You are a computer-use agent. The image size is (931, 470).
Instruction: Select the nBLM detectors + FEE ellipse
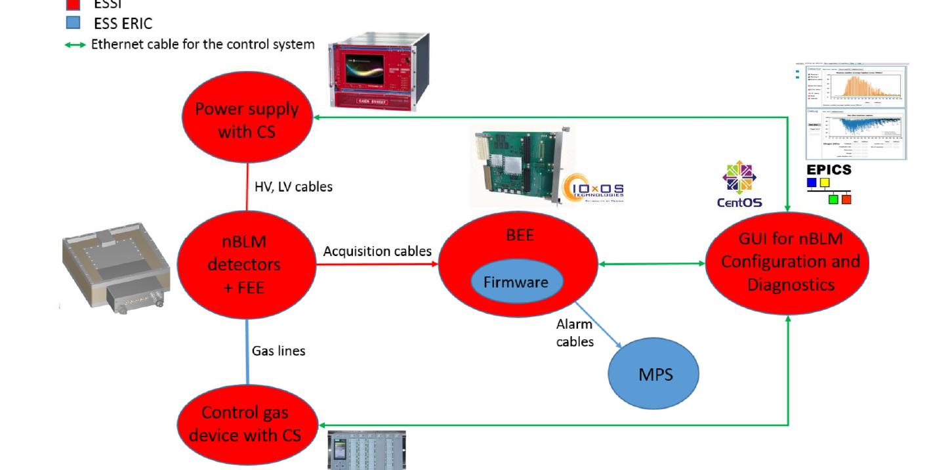tap(248, 265)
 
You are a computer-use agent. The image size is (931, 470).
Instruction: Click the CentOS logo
tap(739, 184)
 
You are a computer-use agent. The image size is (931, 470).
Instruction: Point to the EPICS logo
tap(829, 183)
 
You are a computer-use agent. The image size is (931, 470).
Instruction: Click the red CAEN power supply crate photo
tap(379, 70)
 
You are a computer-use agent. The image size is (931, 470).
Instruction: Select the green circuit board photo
tap(518, 165)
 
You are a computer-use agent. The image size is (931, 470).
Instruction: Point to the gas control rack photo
tap(367, 450)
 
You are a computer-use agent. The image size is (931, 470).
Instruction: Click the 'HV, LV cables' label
tap(293, 186)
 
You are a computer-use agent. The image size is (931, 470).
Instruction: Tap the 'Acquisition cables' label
tap(377, 251)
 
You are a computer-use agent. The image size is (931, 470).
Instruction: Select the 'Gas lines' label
tap(278, 351)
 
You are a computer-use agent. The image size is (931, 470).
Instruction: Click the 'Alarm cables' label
tap(575, 332)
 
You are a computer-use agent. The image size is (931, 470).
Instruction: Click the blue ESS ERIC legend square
tap(73, 23)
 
